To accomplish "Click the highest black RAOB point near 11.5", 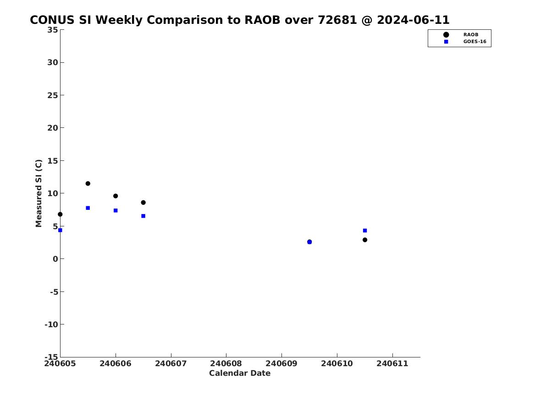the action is click(88, 183).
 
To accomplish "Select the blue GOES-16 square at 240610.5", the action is click(365, 231).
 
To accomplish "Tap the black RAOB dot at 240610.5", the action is click(365, 240).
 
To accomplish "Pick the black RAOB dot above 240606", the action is click(116, 196).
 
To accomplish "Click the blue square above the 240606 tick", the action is click(116, 210).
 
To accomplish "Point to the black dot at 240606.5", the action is click(143, 203).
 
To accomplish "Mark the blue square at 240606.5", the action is click(143, 216).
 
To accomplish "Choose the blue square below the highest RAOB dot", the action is click(88, 208).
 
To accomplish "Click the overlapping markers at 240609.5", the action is click(309, 242).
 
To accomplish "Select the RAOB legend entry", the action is click(460, 34).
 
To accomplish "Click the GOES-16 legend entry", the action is click(464, 42).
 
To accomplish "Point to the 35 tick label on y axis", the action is click(53, 30).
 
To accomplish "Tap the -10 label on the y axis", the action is click(51, 324).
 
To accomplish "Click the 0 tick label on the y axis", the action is click(55, 259).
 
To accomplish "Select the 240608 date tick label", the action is click(226, 363).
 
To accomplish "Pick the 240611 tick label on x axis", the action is click(392, 363).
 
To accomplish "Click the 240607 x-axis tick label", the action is click(171, 363).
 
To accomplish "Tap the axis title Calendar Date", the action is click(240, 373).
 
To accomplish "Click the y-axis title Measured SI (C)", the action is click(39, 193).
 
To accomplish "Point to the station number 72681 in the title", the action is click(337, 20).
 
